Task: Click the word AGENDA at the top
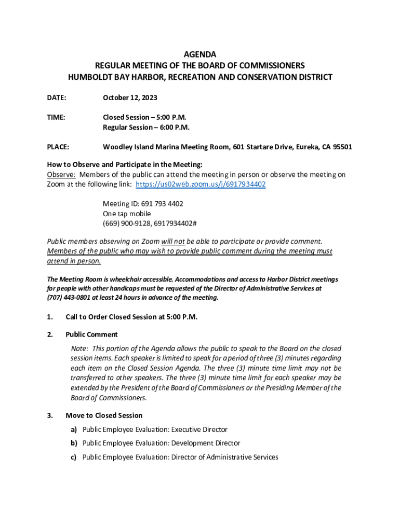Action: coord(200,54)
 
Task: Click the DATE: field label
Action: coord(56,97)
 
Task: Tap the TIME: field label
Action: coord(56,117)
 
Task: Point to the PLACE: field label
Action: coord(58,147)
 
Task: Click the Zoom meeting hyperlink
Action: coord(201,185)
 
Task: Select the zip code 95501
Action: coord(342,147)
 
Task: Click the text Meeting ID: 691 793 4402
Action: coord(143,204)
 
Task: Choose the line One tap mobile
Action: coord(127,214)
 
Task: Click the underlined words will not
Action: coord(173,241)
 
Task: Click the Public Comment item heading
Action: coord(91,334)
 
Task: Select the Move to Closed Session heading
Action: coord(104,415)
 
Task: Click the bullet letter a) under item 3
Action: coord(74,429)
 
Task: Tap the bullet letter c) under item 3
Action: coord(74,457)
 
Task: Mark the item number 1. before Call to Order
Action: coord(50,317)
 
